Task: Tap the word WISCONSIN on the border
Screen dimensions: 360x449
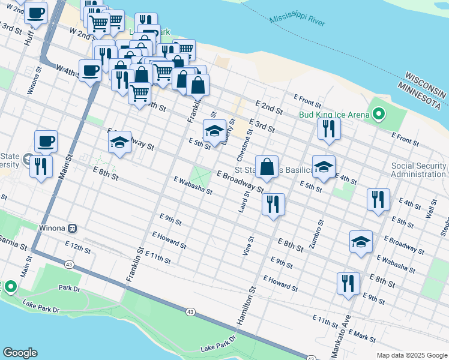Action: [x=425, y=85]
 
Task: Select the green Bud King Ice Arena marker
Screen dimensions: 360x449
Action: [x=379, y=113]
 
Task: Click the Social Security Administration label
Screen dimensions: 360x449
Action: [x=420, y=170]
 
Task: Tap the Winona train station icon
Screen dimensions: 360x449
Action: [x=73, y=229]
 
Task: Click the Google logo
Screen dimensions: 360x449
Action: [x=20, y=353]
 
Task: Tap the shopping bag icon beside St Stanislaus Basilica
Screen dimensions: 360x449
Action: [x=267, y=167]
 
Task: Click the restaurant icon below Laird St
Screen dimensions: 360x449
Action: [x=274, y=205]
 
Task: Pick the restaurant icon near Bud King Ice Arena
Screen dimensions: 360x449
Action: [x=329, y=128]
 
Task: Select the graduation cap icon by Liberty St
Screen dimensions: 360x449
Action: [x=214, y=131]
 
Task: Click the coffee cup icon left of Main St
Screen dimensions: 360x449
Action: [x=46, y=142]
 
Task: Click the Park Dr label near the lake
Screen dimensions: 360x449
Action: [x=70, y=288]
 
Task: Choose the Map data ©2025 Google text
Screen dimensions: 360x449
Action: [x=411, y=355]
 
